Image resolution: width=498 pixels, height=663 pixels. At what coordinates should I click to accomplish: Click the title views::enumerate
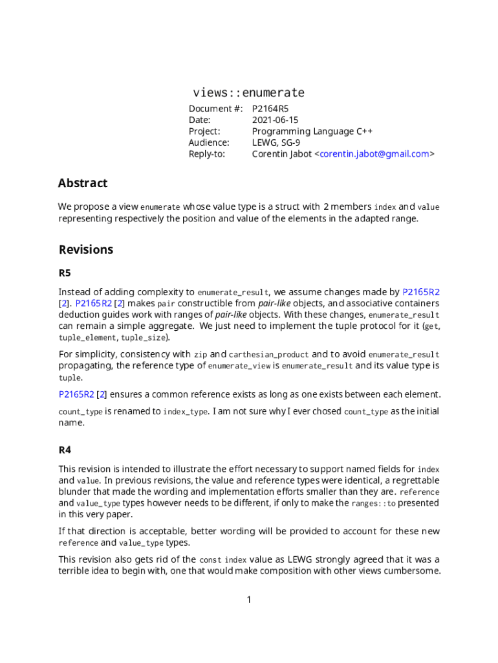click(x=248, y=93)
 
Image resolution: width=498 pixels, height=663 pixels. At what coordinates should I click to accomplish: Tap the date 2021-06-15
click(x=275, y=120)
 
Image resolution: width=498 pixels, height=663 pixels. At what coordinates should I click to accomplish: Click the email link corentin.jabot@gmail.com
click(x=374, y=154)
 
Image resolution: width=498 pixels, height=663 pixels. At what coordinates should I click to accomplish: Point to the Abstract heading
click(x=83, y=183)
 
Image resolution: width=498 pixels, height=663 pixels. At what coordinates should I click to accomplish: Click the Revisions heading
click(x=86, y=250)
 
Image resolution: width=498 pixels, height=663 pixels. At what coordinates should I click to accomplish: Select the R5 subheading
click(x=65, y=273)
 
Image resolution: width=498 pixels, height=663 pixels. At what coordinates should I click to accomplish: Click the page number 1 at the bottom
click(x=249, y=600)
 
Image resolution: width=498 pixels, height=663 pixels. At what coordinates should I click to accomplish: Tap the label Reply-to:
click(x=206, y=154)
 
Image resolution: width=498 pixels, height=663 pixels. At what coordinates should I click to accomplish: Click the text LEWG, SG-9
click(x=276, y=142)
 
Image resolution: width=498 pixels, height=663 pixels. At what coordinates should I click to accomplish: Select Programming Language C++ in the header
click(x=312, y=131)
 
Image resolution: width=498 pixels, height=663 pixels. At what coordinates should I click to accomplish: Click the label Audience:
click(x=208, y=142)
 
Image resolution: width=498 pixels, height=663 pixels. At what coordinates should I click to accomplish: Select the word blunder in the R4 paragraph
click(x=76, y=492)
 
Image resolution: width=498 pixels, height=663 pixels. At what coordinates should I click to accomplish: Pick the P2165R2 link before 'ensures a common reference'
click(x=76, y=394)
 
